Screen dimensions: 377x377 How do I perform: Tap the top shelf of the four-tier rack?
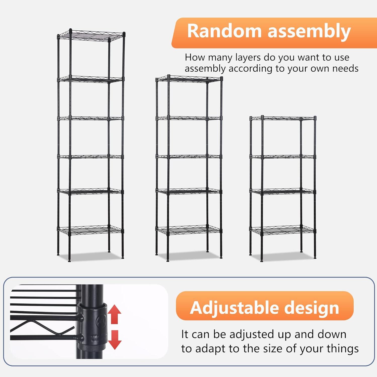[x=283, y=118]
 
